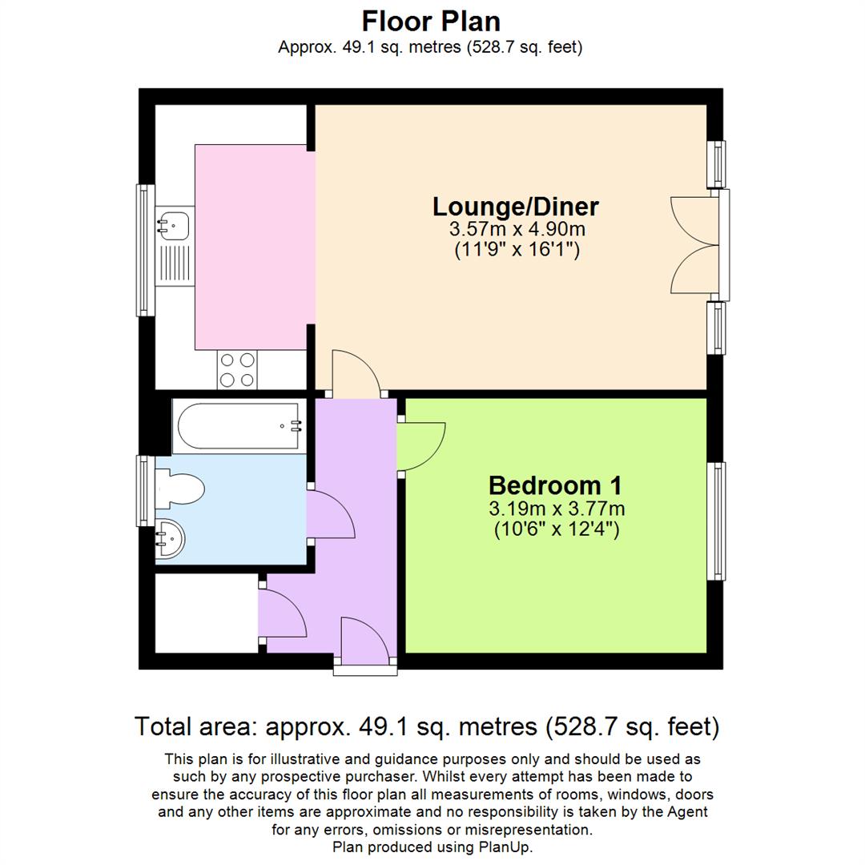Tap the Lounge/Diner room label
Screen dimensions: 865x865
click(515, 207)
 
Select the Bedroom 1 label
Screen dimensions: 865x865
click(555, 485)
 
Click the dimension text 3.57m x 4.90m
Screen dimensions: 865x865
click(517, 229)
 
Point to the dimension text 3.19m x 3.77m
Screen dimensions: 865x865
click(557, 509)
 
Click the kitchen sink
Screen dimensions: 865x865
click(172, 224)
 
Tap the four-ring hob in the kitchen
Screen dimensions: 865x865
click(237, 370)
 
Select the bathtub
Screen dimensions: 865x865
click(240, 426)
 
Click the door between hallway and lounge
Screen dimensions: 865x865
click(356, 373)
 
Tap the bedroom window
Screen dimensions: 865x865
click(720, 521)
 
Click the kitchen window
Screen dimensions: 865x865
click(144, 249)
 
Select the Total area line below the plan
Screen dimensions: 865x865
click(427, 727)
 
